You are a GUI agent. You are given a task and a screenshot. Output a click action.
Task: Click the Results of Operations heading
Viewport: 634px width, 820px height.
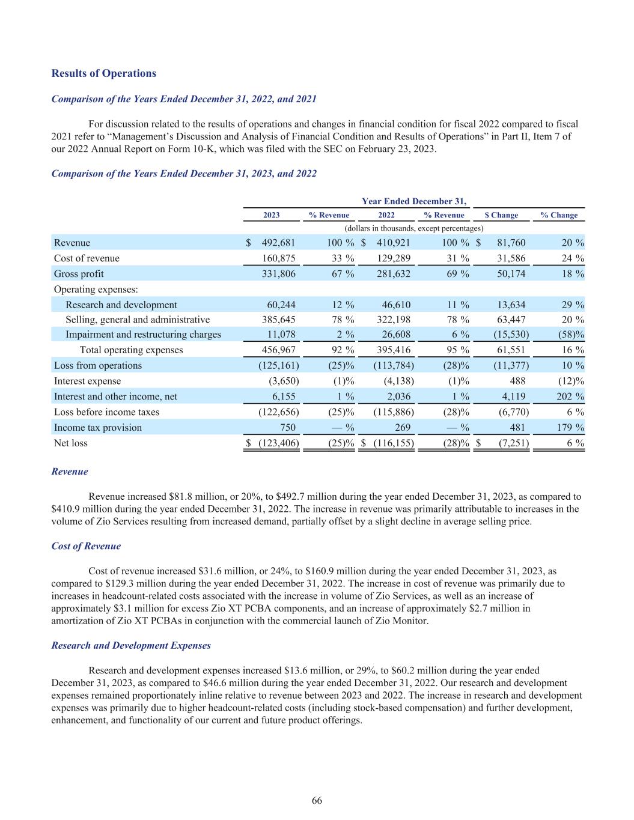pos(103,73)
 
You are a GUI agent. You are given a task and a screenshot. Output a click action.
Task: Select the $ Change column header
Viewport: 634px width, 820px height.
pos(501,215)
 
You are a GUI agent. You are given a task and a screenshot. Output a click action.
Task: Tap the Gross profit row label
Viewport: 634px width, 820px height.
pos(79,274)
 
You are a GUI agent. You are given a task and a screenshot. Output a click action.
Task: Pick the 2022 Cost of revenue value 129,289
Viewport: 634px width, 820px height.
pos(394,258)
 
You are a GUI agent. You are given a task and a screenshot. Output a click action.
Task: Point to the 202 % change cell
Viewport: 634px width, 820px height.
pos(568,396)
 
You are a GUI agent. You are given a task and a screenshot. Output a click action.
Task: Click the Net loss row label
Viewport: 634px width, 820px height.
pos(70,443)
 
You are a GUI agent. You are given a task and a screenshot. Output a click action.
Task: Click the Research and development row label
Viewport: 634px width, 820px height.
pos(121,305)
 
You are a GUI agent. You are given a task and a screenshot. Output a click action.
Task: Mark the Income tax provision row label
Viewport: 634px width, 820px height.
pos(98,428)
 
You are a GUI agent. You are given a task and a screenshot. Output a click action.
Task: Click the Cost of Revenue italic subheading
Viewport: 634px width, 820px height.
pos(86,546)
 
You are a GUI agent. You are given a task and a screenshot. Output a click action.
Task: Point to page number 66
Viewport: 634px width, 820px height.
pos(317,801)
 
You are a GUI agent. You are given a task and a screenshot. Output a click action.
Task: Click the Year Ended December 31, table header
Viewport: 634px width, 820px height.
pos(415,201)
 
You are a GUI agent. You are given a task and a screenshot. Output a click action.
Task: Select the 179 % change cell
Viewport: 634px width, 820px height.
pos(568,428)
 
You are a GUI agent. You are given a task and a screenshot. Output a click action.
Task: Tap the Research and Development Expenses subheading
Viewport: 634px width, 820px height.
pos(131,645)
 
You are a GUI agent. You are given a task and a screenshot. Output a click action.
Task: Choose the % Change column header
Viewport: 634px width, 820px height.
pos(559,215)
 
